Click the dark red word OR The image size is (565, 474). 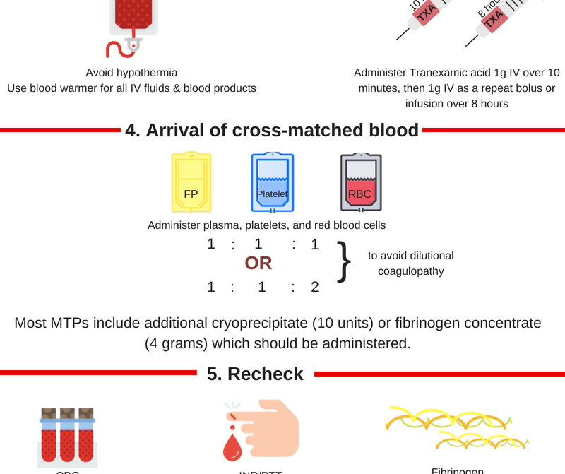[x=258, y=263]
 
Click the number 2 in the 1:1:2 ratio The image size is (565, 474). [x=315, y=287]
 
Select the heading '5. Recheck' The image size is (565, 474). [x=255, y=374]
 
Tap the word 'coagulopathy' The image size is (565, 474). [x=410, y=271]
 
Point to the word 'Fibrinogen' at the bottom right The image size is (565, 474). [x=457, y=470]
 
